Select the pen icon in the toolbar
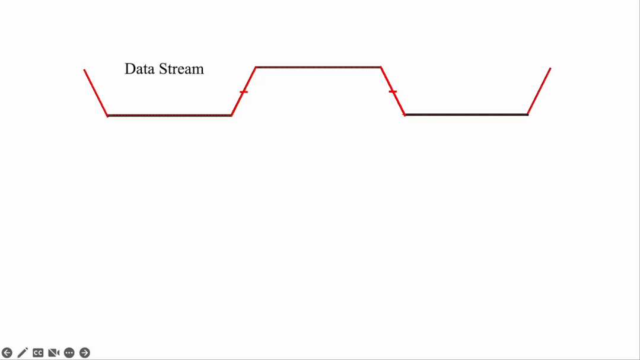click(x=23, y=353)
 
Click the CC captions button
click(x=38, y=353)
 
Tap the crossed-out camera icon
click(x=54, y=353)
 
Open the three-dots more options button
click(x=69, y=353)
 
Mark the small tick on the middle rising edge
click(x=243, y=92)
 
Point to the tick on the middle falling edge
click(x=393, y=91)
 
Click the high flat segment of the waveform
click(x=318, y=67)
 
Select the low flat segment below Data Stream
click(x=170, y=115)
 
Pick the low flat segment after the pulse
click(x=466, y=114)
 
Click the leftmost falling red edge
click(x=95, y=92)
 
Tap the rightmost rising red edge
click(x=539, y=91)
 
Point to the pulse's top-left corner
click(x=256, y=67)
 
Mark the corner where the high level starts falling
click(x=381, y=67)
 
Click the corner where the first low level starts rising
click(x=231, y=115)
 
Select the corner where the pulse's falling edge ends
click(x=405, y=114)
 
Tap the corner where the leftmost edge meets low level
click(x=107, y=115)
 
